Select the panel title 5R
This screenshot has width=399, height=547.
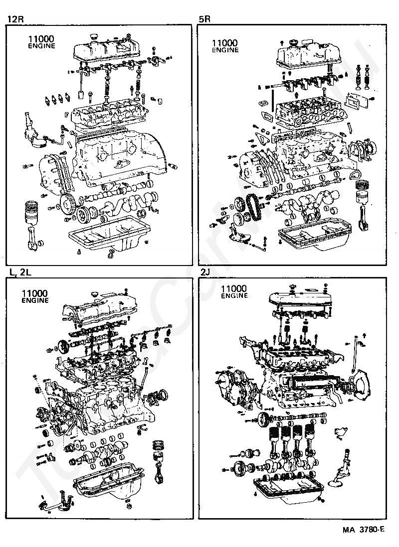[x=204, y=19]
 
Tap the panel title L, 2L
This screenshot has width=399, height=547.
[x=19, y=272]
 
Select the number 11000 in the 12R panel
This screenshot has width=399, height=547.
[x=41, y=38]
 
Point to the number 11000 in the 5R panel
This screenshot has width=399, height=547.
[x=224, y=43]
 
